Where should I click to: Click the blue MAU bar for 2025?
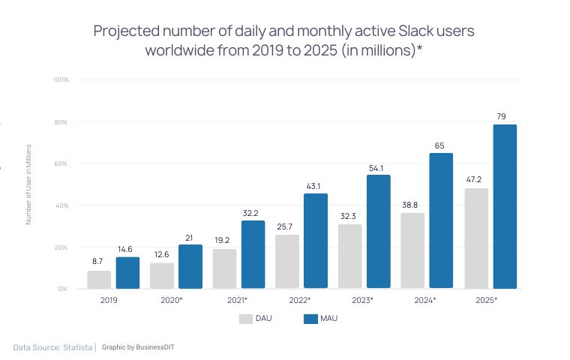[505, 206]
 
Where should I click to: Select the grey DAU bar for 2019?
[99, 280]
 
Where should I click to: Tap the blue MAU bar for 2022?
[316, 241]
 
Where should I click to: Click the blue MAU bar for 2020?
[190, 266]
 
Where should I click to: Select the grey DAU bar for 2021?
[224, 268]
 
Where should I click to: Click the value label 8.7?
[98, 261]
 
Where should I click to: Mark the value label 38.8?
[412, 204]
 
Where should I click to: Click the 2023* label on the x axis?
[361, 300]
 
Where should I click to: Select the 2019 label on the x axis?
[109, 300]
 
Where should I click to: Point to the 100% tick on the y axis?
[61, 79]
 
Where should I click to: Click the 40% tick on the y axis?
[62, 205]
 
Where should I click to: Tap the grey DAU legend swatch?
[245, 319]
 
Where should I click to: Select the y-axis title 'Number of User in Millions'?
[28, 184]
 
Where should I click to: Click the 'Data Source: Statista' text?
[52, 347]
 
